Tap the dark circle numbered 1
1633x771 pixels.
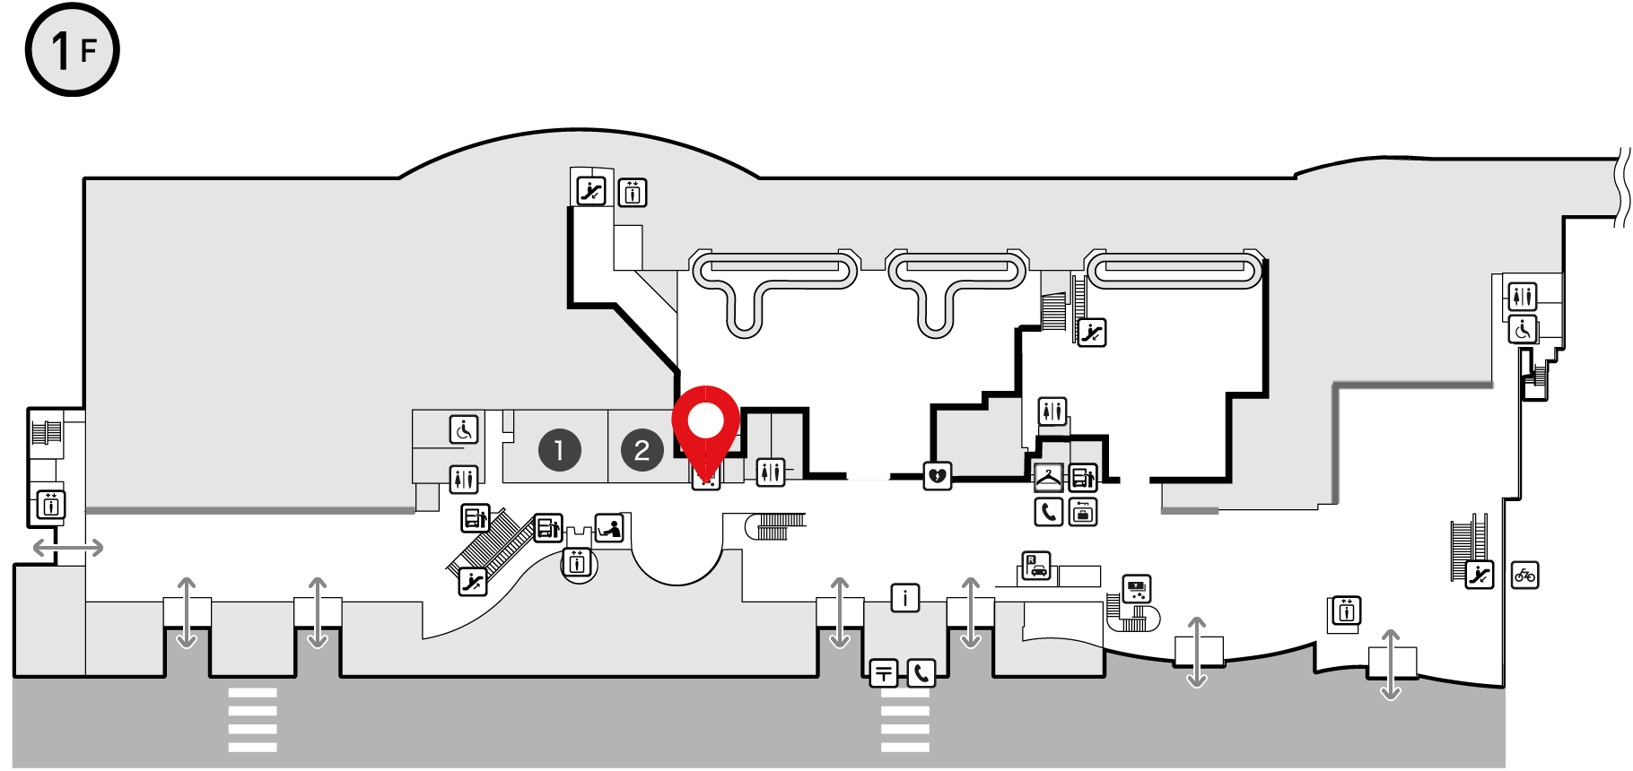click(x=559, y=450)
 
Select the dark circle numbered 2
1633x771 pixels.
click(x=642, y=450)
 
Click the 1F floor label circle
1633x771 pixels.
click(x=72, y=49)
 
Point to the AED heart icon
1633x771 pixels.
click(x=938, y=475)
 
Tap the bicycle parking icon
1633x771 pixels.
click(x=1524, y=575)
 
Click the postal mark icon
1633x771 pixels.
click(x=884, y=672)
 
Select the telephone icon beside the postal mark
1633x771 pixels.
click(x=921, y=672)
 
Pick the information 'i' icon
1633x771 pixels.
click(x=904, y=597)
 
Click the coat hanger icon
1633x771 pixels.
click(x=1048, y=477)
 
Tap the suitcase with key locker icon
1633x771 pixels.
click(x=1083, y=512)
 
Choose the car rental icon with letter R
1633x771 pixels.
click(x=1036, y=566)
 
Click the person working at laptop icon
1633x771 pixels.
click(x=610, y=528)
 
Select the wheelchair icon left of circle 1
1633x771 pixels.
click(x=464, y=429)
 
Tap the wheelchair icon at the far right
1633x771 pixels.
click(x=1523, y=330)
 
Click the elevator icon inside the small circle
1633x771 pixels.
click(x=578, y=564)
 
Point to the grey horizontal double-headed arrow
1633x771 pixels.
click(x=68, y=547)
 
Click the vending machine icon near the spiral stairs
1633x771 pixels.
click(x=1137, y=589)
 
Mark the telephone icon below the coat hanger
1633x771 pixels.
click(x=1048, y=512)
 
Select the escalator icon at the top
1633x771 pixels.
click(x=591, y=191)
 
